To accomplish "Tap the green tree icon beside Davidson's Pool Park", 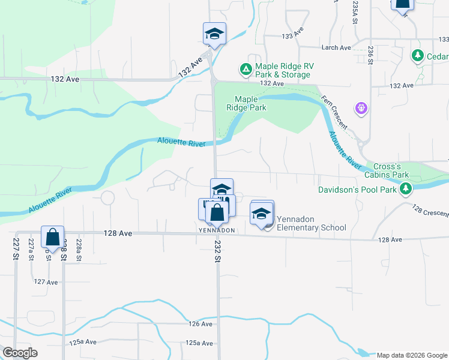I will [406, 190].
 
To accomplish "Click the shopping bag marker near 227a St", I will [53, 236].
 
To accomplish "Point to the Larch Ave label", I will [337, 47].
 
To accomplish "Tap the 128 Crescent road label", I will [430, 211].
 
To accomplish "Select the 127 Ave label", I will [46, 281].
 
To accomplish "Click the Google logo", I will [20, 353].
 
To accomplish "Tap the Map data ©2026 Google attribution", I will [411, 355].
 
